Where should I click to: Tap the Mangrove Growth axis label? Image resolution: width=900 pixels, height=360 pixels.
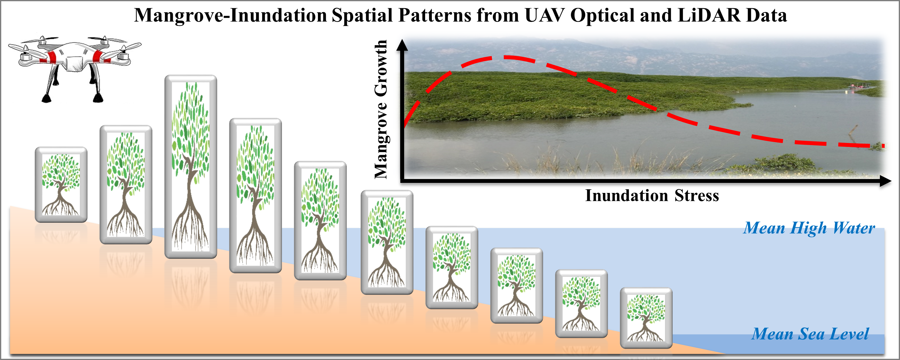(x=381, y=109)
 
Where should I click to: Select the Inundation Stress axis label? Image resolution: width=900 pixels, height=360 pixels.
(x=652, y=195)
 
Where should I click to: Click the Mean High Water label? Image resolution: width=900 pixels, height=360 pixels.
(x=809, y=228)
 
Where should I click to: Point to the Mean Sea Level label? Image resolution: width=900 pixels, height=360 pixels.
(x=810, y=334)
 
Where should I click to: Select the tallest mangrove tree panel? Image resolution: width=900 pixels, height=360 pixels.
(x=190, y=166)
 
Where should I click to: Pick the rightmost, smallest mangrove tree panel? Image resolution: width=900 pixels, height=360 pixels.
(x=646, y=318)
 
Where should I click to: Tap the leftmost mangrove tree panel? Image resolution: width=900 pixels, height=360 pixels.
(x=61, y=184)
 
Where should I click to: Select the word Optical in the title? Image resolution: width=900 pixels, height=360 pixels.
(x=602, y=15)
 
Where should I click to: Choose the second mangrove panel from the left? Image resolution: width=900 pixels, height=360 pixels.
(x=126, y=184)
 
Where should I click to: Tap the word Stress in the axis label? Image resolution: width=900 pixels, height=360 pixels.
(x=697, y=195)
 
